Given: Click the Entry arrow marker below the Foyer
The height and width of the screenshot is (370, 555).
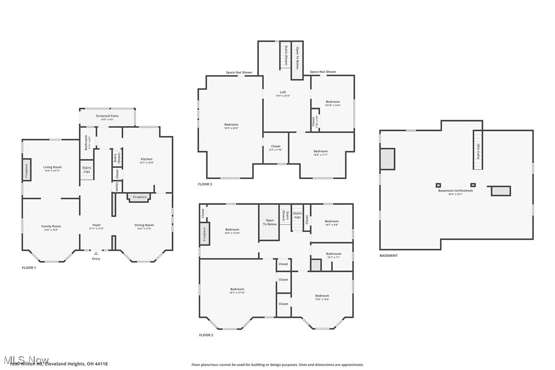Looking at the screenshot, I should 96,253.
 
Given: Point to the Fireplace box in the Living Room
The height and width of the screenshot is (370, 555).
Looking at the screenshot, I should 27,170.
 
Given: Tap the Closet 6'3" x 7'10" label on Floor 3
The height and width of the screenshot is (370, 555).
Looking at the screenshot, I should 275,148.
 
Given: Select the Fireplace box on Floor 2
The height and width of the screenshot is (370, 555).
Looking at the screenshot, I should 204,234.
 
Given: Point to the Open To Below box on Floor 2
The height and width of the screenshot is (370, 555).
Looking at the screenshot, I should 269,223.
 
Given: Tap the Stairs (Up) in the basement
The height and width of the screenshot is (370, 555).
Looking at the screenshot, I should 478,149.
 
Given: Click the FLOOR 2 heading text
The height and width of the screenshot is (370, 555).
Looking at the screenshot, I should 206,335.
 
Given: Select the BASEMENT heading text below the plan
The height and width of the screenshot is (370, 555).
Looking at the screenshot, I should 388,256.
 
